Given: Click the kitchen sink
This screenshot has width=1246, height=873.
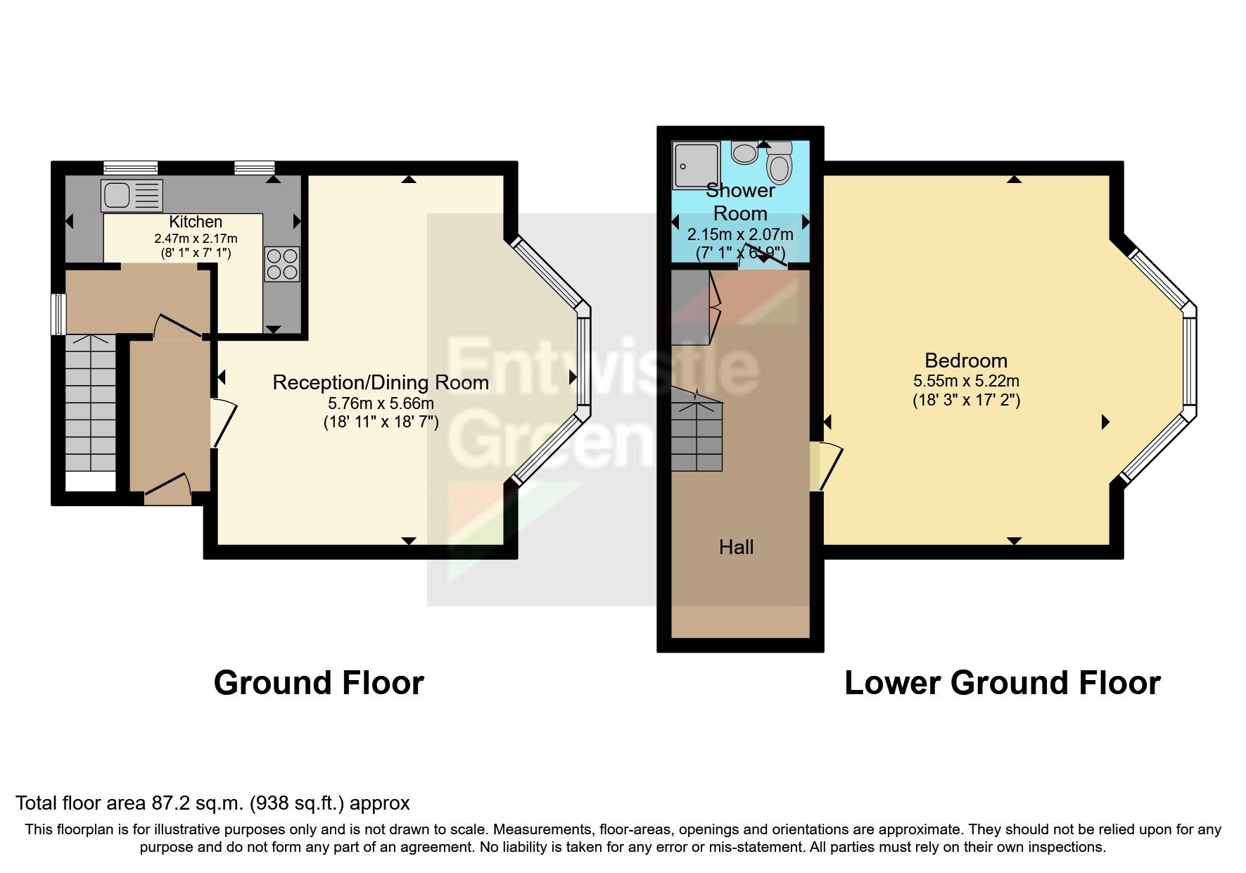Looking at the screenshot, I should point(132,195).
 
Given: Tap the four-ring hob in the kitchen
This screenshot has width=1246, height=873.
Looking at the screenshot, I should point(282,263).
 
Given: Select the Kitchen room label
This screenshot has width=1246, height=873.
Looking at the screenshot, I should point(196,222).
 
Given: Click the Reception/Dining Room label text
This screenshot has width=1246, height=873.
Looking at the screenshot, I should point(381,382).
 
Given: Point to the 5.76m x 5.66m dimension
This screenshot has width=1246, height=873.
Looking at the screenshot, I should point(381,403).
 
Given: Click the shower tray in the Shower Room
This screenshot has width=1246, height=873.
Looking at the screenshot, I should point(696,165).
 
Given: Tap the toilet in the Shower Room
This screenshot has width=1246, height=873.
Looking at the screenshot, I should point(779,167).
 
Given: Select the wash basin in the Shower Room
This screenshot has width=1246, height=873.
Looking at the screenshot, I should point(744,151).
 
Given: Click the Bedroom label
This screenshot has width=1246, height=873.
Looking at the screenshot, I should point(965,360).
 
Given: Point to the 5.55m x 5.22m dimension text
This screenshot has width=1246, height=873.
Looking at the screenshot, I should point(965,381).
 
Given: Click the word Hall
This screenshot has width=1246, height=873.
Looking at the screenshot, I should point(736,547).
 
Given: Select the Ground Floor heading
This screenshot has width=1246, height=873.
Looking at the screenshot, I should point(319,683).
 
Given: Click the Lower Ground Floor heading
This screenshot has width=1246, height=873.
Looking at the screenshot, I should point(1002,683).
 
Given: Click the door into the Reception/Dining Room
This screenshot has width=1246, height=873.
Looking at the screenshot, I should point(222,423).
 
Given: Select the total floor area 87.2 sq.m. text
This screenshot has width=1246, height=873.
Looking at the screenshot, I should point(212,803).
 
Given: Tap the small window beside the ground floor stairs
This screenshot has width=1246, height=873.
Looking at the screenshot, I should point(60,314).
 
